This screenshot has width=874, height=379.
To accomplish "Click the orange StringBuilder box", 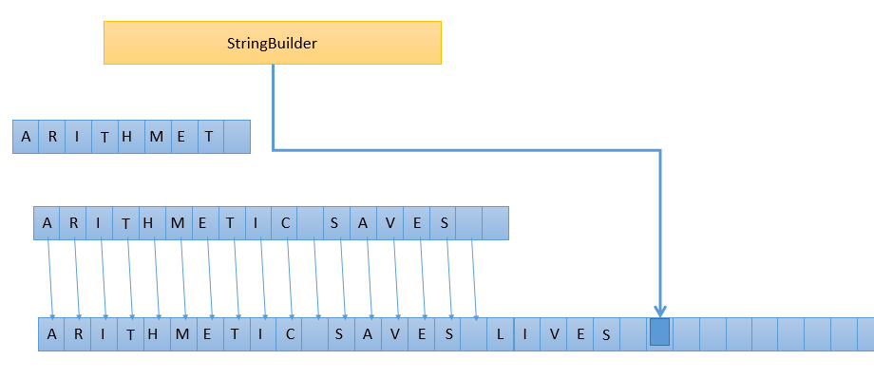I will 273,43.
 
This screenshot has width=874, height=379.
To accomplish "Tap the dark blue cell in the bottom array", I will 659,332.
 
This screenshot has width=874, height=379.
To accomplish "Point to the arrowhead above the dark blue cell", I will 659,311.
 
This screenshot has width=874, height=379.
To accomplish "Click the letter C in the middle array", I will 284,223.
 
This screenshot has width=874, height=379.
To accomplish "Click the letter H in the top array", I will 129,137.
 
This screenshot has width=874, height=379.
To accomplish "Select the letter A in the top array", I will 26,137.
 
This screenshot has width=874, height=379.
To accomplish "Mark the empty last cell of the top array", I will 237,137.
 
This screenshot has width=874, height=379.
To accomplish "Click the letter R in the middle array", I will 72,223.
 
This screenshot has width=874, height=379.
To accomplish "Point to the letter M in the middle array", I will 177,223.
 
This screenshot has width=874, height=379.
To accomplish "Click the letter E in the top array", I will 182,137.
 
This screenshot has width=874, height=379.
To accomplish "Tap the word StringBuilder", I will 272,43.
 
